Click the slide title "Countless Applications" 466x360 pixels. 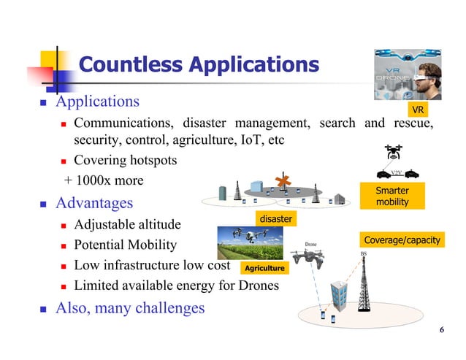[198, 65]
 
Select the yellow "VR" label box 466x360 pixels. [417, 110]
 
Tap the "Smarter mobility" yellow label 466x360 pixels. [391, 196]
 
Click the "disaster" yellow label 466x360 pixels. [276, 218]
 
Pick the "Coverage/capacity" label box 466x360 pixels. [402, 240]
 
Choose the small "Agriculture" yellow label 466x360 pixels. [264, 269]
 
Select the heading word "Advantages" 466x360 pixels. [94, 202]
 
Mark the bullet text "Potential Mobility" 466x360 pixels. [125, 245]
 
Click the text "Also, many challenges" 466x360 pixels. [130, 308]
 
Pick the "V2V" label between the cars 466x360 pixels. [397, 172]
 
